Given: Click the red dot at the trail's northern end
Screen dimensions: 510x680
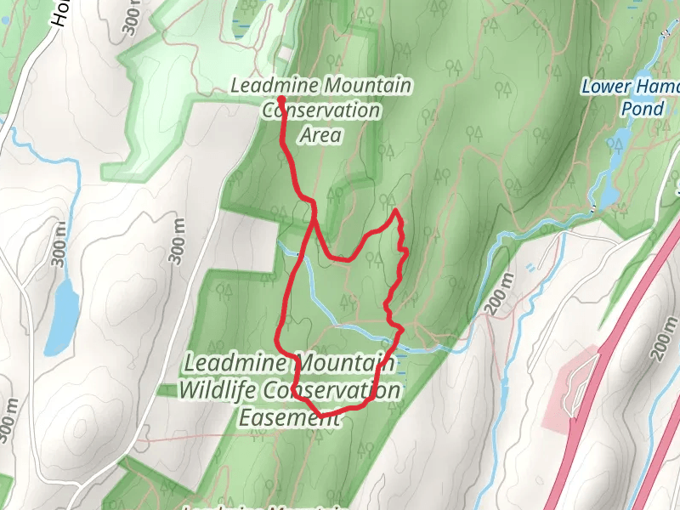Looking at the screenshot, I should pyautogui.click(x=280, y=101).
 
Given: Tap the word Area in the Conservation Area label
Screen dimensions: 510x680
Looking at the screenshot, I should pyautogui.click(x=320, y=134).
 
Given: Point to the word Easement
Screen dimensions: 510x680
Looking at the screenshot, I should pyautogui.click(x=281, y=417).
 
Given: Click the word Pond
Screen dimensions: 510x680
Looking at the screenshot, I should pyautogui.click(x=642, y=109).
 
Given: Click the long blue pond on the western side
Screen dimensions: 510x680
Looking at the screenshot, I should pyautogui.click(x=61, y=315).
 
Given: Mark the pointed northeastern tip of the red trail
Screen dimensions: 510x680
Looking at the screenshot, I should pyautogui.click(x=395, y=210).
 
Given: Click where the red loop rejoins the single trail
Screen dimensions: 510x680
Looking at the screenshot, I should pyautogui.click(x=313, y=218).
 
